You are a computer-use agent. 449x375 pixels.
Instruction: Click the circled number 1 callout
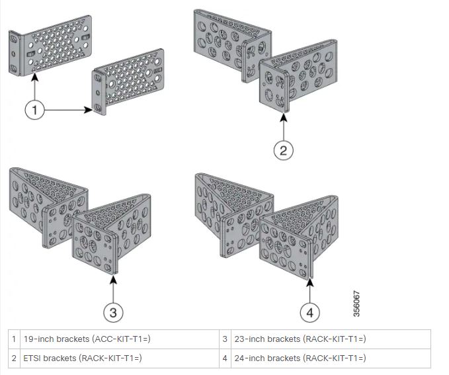click(x=36, y=110)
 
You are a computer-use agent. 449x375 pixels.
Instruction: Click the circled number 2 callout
click(x=283, y=151)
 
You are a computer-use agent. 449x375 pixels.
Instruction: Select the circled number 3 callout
click(x=114, y=310)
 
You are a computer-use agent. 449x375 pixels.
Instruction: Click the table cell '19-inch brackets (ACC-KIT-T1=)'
click(x=87, y=339)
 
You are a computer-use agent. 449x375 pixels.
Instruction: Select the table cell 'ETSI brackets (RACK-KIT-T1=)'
click(x=83, y=358)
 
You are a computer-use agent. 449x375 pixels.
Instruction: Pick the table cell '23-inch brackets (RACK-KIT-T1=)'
click(x=300, y=339)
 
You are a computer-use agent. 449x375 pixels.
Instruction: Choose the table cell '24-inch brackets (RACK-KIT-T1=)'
click(x=300, y=358)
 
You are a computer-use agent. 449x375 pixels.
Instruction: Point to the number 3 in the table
click(x=225, y=339)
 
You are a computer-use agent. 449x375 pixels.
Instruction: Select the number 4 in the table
click(x=225, y=358)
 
